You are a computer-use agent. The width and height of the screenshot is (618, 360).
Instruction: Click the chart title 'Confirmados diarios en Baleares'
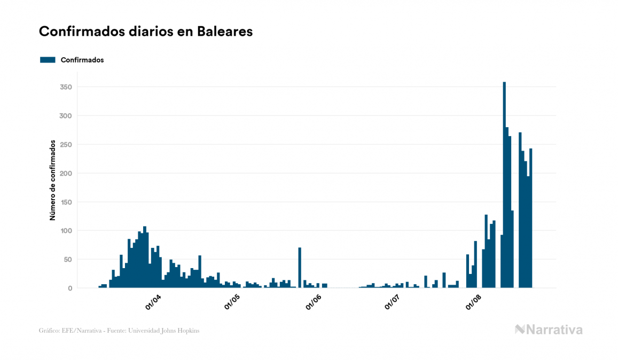146,32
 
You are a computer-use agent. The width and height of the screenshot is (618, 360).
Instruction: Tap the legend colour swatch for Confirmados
48,60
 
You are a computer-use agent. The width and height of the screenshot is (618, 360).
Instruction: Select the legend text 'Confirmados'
82,60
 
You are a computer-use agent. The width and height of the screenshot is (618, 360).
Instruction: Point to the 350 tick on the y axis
66,87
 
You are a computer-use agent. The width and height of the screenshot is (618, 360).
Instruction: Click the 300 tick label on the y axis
66,116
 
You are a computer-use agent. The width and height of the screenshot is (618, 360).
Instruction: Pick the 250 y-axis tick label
66,145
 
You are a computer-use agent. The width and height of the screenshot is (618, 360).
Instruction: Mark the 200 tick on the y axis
66,174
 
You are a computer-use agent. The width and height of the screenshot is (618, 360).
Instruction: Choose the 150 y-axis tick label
66,202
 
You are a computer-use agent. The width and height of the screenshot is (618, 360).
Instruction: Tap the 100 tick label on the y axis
66,231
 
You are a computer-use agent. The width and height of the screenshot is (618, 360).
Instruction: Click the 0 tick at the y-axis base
69,288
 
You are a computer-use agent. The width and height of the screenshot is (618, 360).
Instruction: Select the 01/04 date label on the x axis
153,302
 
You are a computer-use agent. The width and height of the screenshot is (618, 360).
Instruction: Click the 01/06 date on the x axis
313,302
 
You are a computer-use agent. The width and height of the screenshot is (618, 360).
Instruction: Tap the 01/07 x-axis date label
393,302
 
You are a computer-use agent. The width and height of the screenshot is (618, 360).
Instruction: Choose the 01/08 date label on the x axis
473,302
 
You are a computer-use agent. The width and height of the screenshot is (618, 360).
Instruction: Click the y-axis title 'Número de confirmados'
53,181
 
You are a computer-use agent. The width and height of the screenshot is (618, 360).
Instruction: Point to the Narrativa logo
549,330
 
